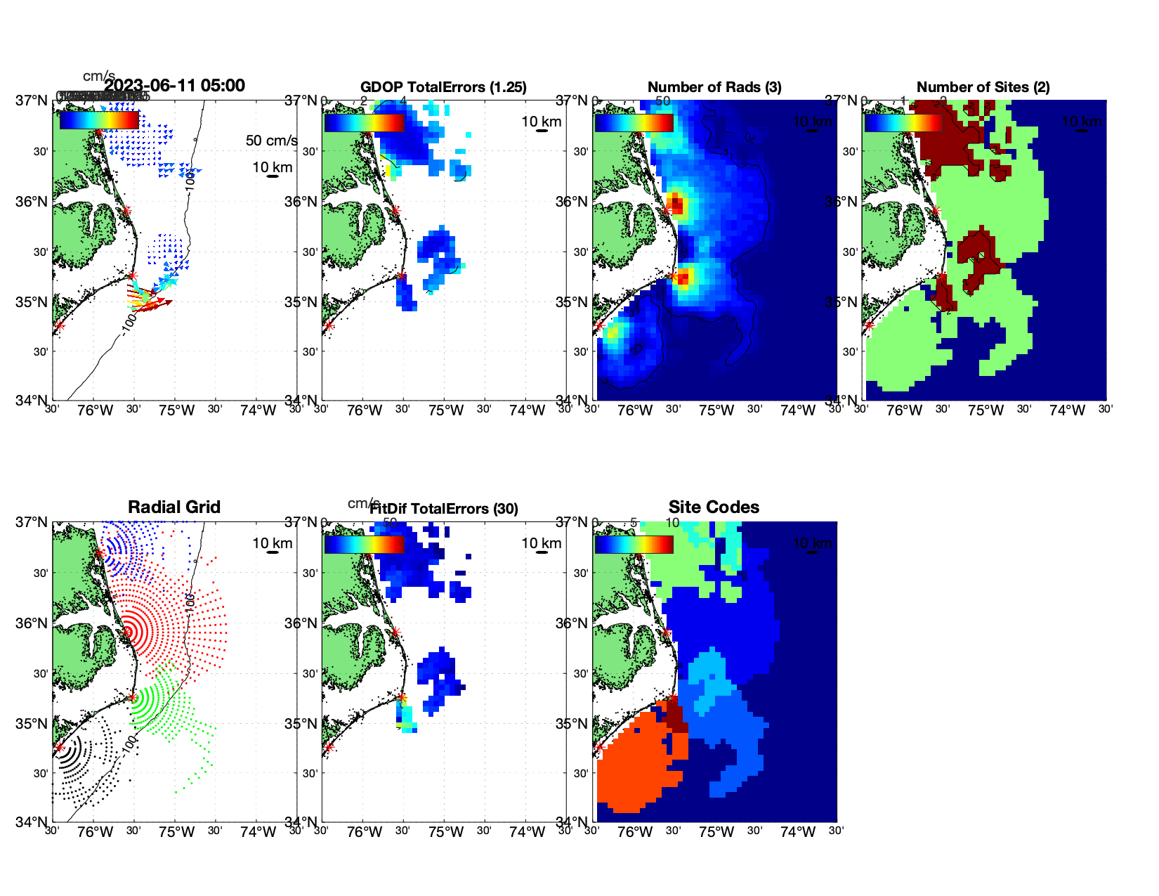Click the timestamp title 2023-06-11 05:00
pos(175,86)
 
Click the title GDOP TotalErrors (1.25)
pos(443,87)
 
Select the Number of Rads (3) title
pos(714,87)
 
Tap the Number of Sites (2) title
pos(983,87)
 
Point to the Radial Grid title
pos(174,507)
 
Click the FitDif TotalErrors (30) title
pos(444,509)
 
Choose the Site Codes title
pos(714,507)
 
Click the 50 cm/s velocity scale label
pos(271,141)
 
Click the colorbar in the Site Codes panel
pos(634,545)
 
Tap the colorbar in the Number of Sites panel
pos(903,122)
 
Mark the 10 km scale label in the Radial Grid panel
pos(273,543)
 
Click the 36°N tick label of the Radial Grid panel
pos(32,623)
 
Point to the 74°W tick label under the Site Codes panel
pos(797,832)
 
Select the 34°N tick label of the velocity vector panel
pos(32,401)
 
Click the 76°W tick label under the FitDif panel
pos(365,832)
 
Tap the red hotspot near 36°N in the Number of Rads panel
pos(675,205)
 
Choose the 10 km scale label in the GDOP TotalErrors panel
pos(541,122)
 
